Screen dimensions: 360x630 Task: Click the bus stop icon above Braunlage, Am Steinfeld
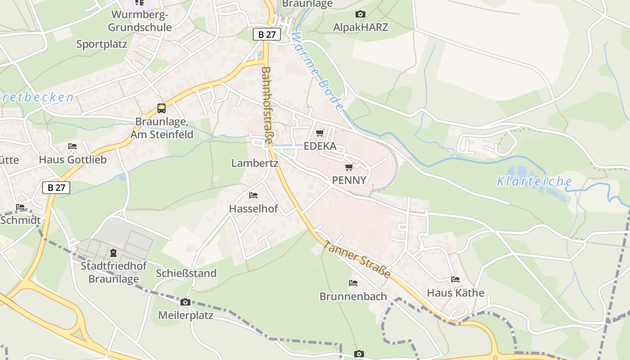(x=161, y=108)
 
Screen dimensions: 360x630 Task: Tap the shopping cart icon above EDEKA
(x=319, y=133)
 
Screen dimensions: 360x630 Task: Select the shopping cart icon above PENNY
(x=349, y=167)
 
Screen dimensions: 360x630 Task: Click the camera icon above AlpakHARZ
(x=360, y=14)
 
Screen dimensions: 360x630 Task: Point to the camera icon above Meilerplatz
(x=185, y=302)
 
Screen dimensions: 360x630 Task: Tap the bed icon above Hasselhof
(x=253, y=195)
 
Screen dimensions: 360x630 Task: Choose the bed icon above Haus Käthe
(x=455, y=279)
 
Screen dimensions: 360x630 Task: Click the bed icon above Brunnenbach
(x=353, y=283)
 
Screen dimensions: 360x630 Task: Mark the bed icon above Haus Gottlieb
(x=72, y=146)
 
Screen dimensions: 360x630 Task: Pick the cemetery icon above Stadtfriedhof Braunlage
(x=113, y=253)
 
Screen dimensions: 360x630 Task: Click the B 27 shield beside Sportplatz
(x=267, y=34)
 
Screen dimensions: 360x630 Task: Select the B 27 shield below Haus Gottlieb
(x=56, y=188)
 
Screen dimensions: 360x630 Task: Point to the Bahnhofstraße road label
(x=267, y=105)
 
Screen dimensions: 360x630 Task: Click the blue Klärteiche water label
(x=534, y=182)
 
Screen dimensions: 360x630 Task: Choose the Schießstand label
(x=186, y=273)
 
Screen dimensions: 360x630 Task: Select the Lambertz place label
(x=255, y=163)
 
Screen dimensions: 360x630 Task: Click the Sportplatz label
(x=102, y=44)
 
